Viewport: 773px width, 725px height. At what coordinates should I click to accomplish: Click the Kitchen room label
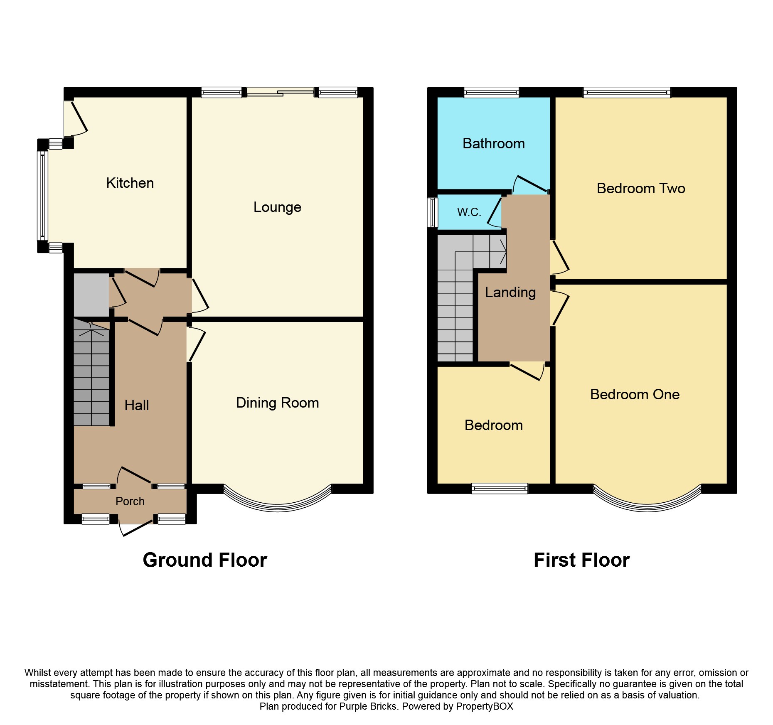130,183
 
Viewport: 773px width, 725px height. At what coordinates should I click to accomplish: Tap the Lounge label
277,207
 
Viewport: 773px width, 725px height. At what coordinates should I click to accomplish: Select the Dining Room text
277,403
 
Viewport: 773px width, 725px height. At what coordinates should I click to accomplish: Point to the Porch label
130,501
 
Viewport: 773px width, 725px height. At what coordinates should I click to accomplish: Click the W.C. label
469,212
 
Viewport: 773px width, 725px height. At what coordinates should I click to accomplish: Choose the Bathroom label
493,144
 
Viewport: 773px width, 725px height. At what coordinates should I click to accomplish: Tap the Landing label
510,292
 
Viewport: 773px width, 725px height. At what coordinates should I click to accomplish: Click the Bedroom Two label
640,189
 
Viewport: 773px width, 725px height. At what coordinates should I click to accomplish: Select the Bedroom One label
635,394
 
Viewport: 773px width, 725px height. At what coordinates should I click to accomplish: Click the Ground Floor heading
204,560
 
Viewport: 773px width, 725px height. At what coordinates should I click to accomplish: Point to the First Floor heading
581,560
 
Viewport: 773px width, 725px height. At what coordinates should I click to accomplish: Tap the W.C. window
433,212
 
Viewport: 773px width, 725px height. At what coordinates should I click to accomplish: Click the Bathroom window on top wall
491,92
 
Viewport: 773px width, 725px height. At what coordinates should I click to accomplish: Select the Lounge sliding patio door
280,92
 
